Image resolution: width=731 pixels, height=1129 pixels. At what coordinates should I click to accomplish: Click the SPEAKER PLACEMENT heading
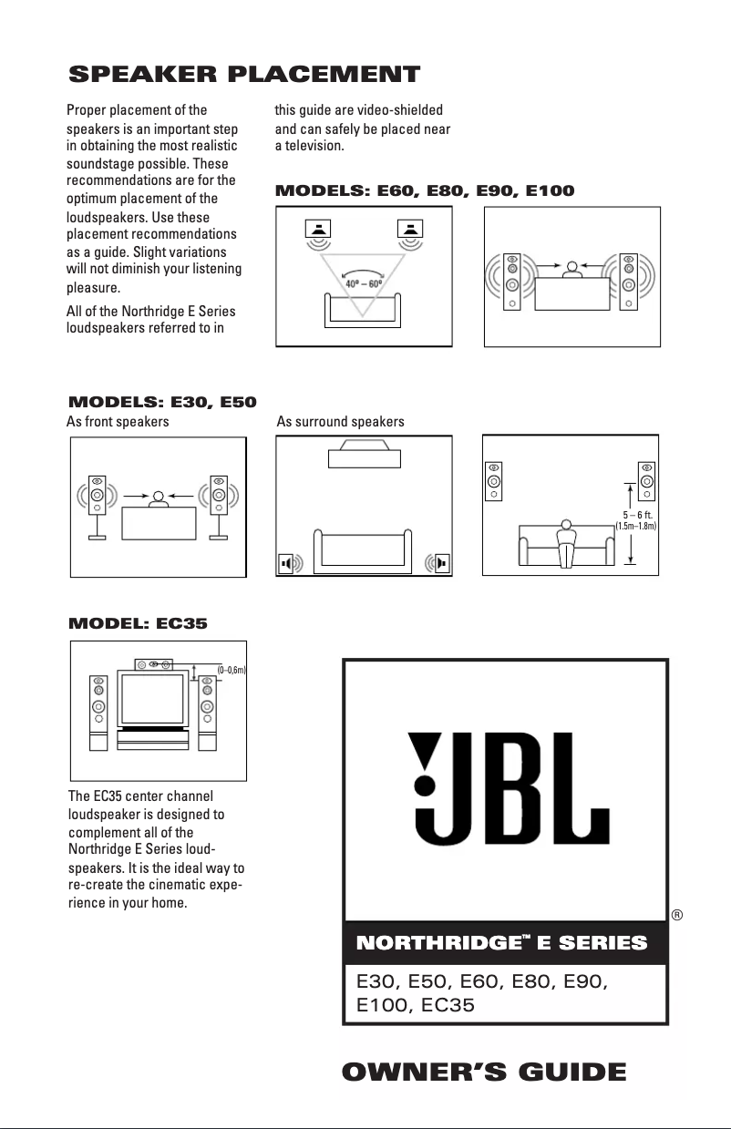(x=245, y=74)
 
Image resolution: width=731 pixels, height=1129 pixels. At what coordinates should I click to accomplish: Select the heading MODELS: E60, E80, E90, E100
(x=425, y=191)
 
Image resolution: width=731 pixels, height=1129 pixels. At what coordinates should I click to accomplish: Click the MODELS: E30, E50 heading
(x=162, y=402)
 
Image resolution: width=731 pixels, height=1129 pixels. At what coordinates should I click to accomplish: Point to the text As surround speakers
(x=340, y=422)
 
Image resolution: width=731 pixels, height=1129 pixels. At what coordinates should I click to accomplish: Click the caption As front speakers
(x=118, y=422)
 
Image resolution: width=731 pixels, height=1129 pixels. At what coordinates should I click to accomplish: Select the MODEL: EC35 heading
(x=139, y=624)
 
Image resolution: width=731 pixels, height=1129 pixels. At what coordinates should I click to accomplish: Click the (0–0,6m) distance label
(x=232, y=670)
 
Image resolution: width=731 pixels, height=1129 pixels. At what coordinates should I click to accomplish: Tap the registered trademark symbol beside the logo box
(x=677, y=914)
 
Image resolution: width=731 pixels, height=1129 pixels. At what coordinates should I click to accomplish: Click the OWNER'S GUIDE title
(x=484, y=1072)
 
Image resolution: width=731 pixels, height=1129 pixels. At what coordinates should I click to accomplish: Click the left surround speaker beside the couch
(x=289, y=563)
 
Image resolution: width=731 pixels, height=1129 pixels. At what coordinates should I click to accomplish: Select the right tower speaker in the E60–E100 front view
(x=629, y=281)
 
